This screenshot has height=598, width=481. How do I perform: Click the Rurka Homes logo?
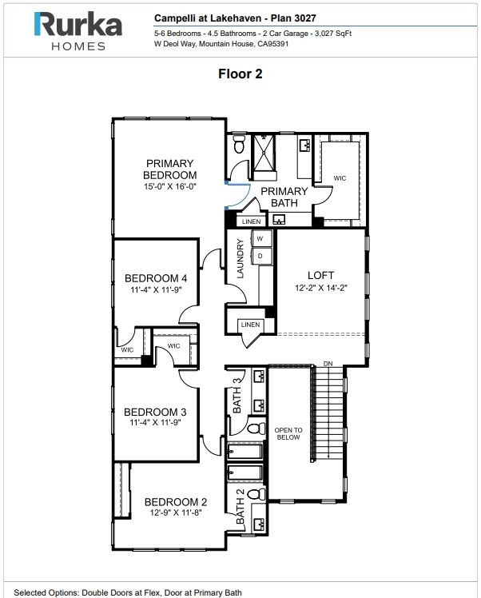78,31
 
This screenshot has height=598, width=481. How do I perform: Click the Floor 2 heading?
240,74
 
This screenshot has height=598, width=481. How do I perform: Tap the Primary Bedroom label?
169,169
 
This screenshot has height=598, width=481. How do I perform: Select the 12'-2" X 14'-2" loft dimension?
321,288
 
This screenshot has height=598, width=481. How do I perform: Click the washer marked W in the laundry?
260,239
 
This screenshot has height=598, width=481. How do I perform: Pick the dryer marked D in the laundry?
260,256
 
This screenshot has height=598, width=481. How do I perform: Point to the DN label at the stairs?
328,364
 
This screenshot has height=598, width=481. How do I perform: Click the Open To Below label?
288,433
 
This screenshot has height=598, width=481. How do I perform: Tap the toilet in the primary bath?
239,144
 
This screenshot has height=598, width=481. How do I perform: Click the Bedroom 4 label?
156,278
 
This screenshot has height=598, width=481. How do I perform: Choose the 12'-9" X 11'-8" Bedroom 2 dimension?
175,512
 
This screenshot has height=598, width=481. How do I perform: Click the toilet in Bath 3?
256,428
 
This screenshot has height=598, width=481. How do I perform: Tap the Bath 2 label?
240,506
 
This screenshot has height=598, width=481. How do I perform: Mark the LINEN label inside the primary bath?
251,221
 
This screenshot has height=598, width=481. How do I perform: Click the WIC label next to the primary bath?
340,178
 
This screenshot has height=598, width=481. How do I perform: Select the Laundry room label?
240,258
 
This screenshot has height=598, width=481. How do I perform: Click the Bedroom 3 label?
155,412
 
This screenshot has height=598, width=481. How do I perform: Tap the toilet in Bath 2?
256,494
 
